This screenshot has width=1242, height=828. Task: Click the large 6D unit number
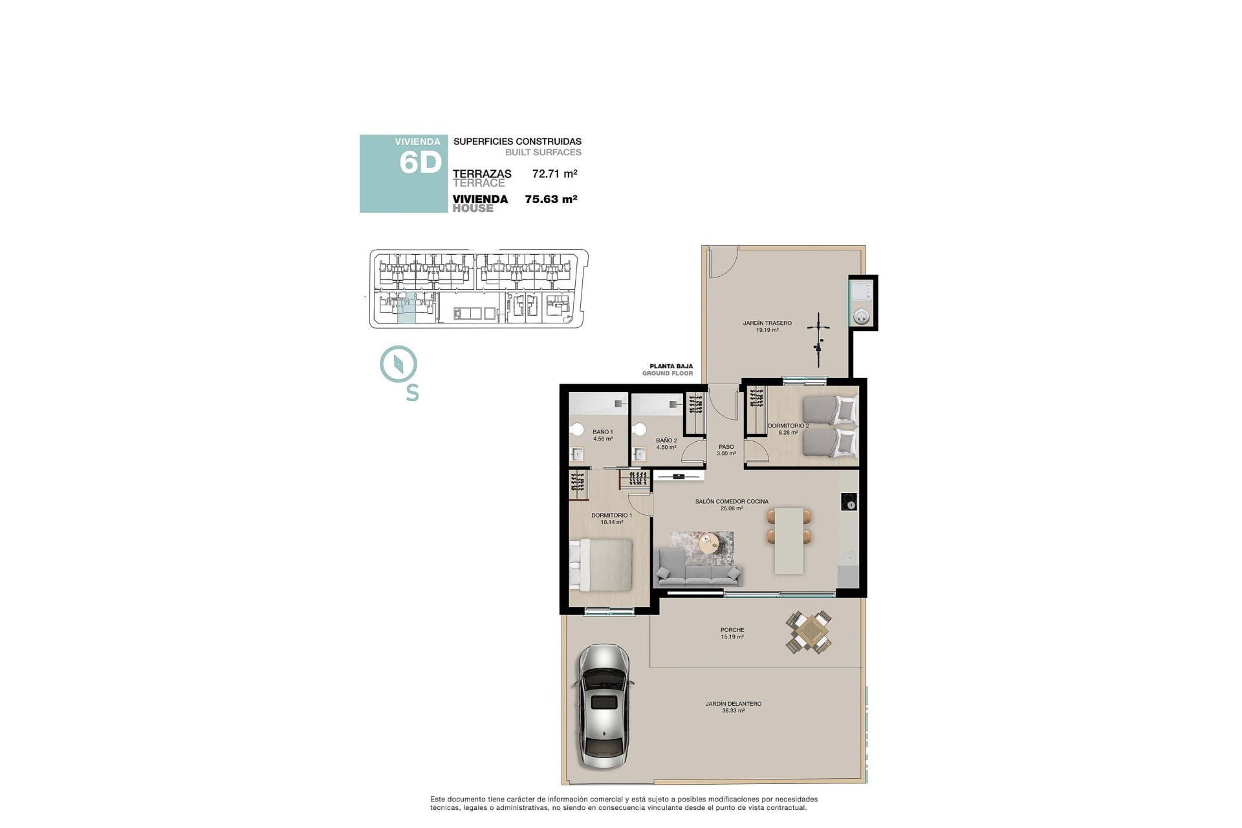[420, 163]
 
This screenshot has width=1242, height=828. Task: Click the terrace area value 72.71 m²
[554, 173]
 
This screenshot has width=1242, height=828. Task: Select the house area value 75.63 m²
[550, 199]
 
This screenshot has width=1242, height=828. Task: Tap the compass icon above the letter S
[398, 364]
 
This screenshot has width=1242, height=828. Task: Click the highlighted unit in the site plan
[407, 308]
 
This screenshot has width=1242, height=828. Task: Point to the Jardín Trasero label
[767, 323]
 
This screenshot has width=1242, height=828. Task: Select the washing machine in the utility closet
[862, 316]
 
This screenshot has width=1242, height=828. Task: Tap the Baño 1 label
[602, 431]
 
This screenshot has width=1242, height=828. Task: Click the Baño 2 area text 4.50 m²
[666, 447]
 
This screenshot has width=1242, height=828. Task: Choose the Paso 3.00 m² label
[726, 450]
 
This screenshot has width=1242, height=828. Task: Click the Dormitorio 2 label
[788, 426]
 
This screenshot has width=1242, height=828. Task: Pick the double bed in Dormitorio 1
[601, 564]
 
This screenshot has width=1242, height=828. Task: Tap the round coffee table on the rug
[709, 541]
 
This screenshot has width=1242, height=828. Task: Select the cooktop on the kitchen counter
[849, 501]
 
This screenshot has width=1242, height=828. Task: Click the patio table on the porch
[809, 632]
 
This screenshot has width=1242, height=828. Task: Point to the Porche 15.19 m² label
[732, 633]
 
